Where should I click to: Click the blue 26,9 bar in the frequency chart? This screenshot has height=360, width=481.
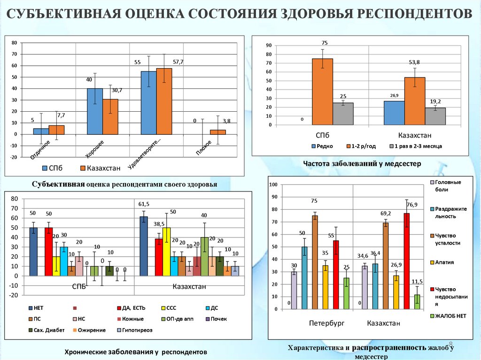pyautogui.click(x=394, y=113)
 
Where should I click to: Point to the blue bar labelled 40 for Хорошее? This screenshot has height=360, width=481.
pyautogui.click(x=94, y=111)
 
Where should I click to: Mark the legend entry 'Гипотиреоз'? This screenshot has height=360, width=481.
pyautogui.click(x=136, y=330)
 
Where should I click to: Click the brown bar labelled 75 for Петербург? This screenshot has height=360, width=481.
pyautogui.click(x=315, y=262)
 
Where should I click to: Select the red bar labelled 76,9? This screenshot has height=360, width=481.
pyautogui.click(x=406, y=261)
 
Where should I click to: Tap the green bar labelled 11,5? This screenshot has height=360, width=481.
pyautogui.click(x=417, y=302)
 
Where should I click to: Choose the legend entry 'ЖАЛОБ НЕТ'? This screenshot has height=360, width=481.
pyautogui.click(x=450, y=316)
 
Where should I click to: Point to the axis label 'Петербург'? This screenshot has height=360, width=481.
pyautogui.click(x=326, y=323)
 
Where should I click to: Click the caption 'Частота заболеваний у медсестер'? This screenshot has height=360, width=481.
pyautogui.click(x=362, y=163)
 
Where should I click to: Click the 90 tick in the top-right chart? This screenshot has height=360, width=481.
pyautogui.click(x=269, y=46)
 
